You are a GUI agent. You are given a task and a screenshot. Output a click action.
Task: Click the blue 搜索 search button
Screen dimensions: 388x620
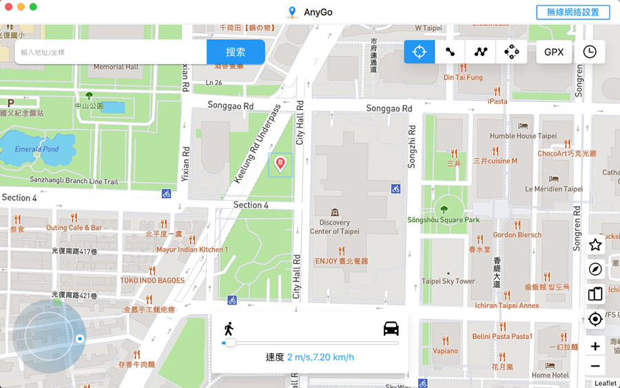pos(236,52)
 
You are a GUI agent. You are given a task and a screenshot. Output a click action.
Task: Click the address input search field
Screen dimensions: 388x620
pos(110,52)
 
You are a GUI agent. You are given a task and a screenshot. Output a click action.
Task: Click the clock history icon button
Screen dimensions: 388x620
pos(590,52)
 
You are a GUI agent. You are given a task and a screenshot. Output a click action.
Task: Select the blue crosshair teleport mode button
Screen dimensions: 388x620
pos(419,52)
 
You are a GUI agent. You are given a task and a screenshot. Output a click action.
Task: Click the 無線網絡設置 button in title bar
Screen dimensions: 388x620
pos(572,12)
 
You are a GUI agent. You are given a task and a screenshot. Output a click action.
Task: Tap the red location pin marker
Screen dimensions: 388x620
pos(280,163)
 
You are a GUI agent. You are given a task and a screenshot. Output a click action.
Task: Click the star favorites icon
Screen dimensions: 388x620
pos(595,245)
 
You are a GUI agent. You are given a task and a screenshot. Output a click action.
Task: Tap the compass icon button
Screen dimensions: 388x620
pos(595,269)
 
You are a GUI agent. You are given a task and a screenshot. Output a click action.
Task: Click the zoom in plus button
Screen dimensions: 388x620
pos(595,347)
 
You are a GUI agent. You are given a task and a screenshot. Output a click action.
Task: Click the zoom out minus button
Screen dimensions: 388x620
pos(595,366)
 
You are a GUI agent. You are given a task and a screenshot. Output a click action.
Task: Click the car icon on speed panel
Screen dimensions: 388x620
pos(391,328)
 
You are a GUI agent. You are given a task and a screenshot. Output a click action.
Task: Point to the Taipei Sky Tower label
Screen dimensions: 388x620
pos(448,281)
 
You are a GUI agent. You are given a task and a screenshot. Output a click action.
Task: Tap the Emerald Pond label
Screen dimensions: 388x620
pos(37,150)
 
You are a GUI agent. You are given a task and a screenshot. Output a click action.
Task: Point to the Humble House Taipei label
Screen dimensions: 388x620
pos(523,136)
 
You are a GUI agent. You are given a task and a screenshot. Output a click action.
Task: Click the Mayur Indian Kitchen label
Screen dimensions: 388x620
pos(189,249)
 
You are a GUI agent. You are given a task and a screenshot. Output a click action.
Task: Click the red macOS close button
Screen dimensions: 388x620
pos(8,6)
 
